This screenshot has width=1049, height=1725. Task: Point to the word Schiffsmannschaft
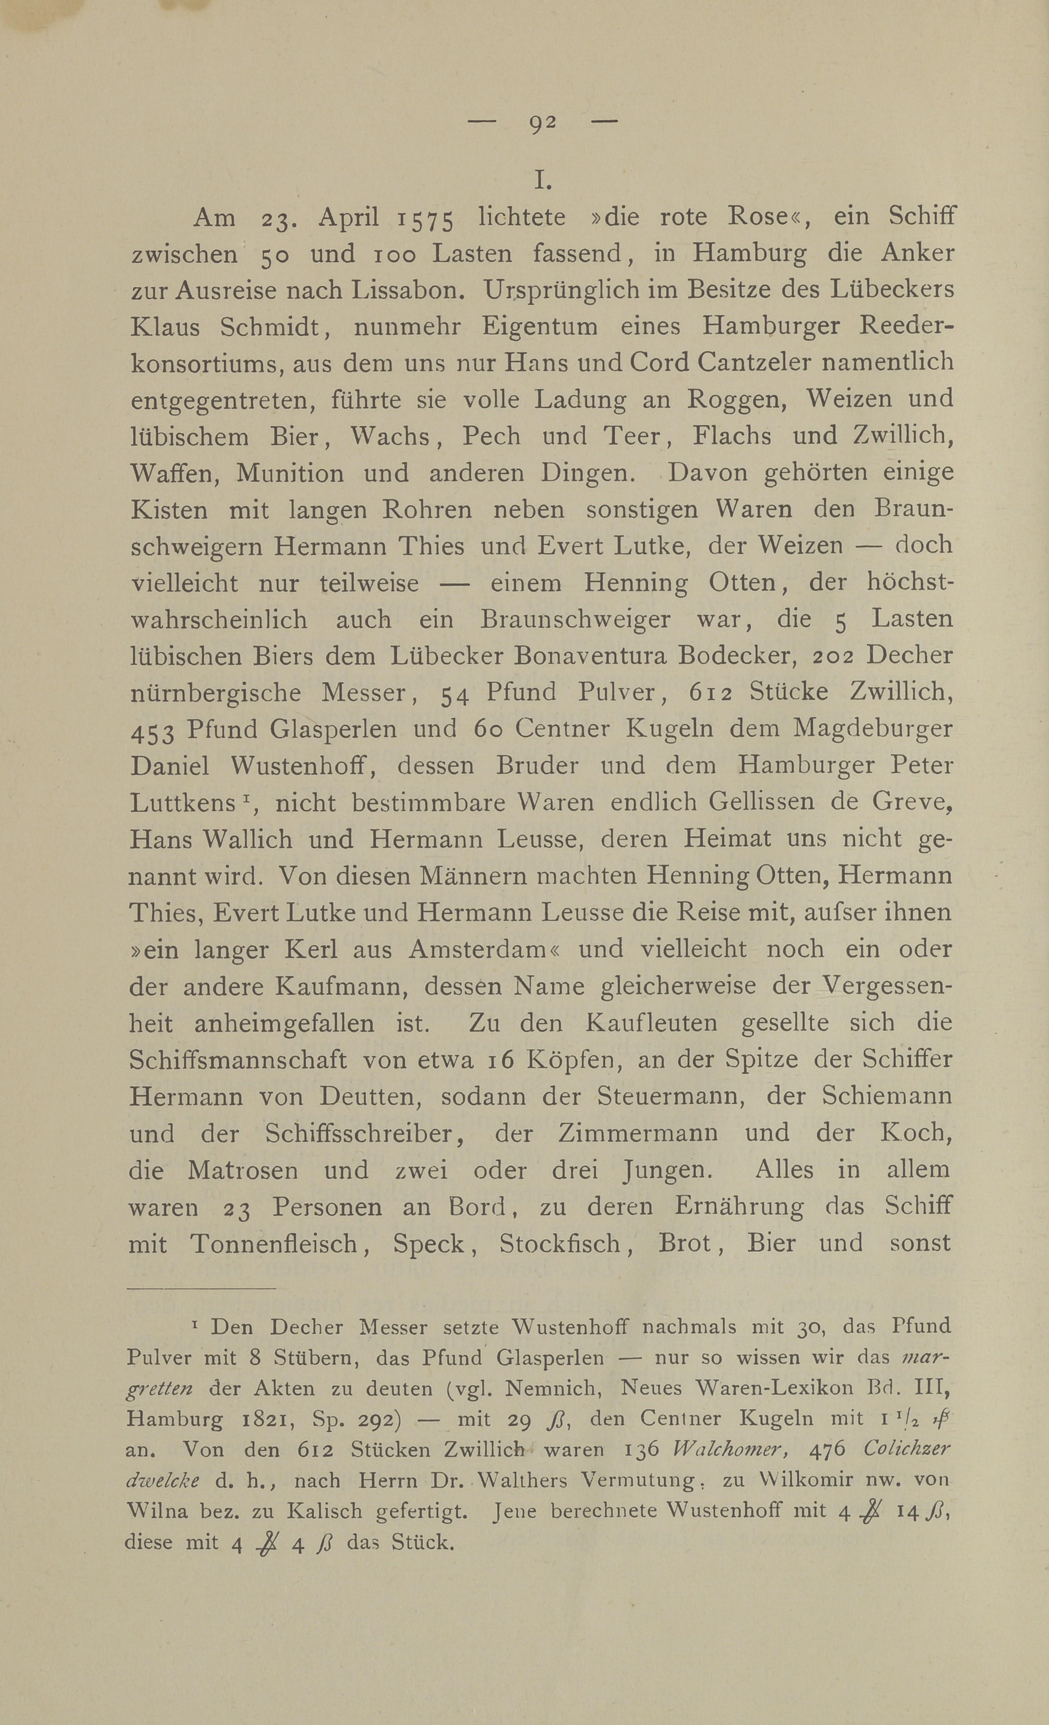(x=238, y=1060)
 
